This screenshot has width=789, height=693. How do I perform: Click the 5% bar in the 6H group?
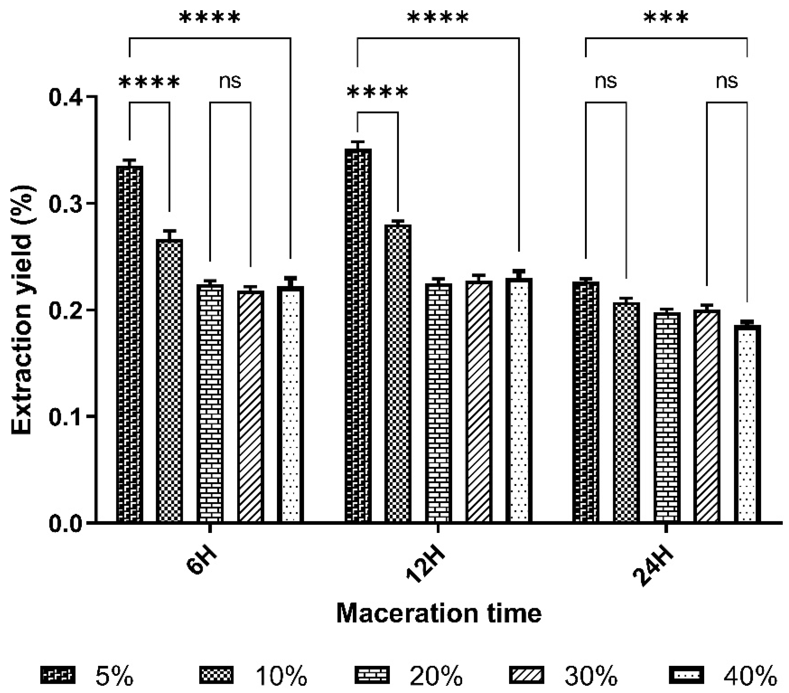tap(130, 344)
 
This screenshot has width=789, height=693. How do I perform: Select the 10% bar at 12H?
tap(398, 373)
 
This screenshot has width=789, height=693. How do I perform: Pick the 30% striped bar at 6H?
tap(251, 406)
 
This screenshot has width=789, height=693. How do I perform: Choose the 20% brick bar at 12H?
tap(438, 402)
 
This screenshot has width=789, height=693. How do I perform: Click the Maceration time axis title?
tap(439, 613)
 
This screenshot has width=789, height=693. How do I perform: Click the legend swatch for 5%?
tap(58, 675)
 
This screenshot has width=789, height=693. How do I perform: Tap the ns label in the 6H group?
tap(230, 81)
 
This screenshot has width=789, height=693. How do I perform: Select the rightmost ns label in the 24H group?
tap(727, 81)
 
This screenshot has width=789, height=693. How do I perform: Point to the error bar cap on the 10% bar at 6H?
tap(170, 231)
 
